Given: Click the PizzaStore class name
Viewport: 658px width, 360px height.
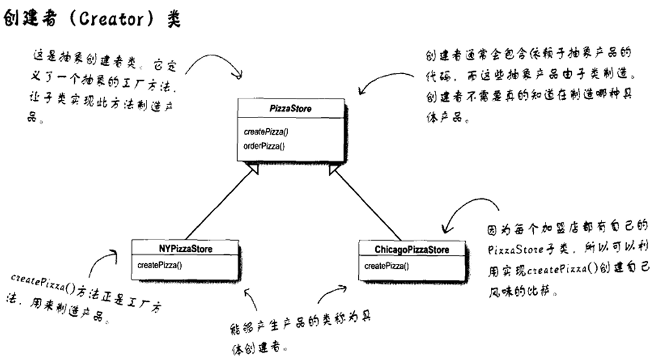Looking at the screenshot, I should tap(290, 108).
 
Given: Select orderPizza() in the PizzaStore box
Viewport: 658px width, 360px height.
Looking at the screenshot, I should tap(264, 146).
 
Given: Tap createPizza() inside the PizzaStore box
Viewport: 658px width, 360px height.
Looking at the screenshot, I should tap(266, 132).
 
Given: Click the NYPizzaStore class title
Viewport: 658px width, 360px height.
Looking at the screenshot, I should tap(185, 249).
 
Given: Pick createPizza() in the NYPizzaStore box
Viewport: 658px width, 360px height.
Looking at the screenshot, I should tap(160, 265).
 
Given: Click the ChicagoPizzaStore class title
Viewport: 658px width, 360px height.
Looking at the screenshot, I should tap(412, 249).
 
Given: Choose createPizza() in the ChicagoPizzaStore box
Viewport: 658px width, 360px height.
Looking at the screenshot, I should tap(387, 265).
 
